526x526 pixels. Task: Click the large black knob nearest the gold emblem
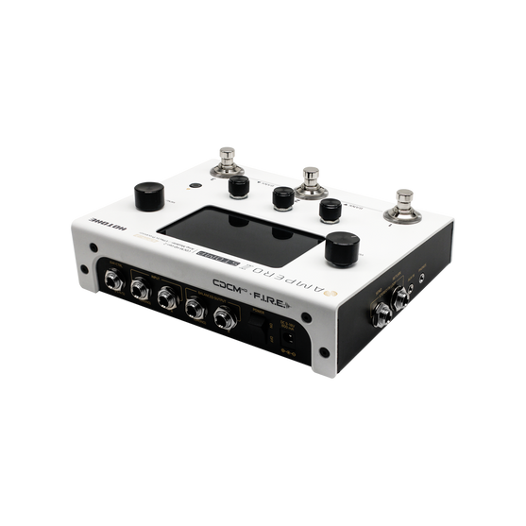pos(338,252)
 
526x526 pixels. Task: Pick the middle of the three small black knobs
pos(282,196)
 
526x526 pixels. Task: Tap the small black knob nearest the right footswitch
pos(331,210)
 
